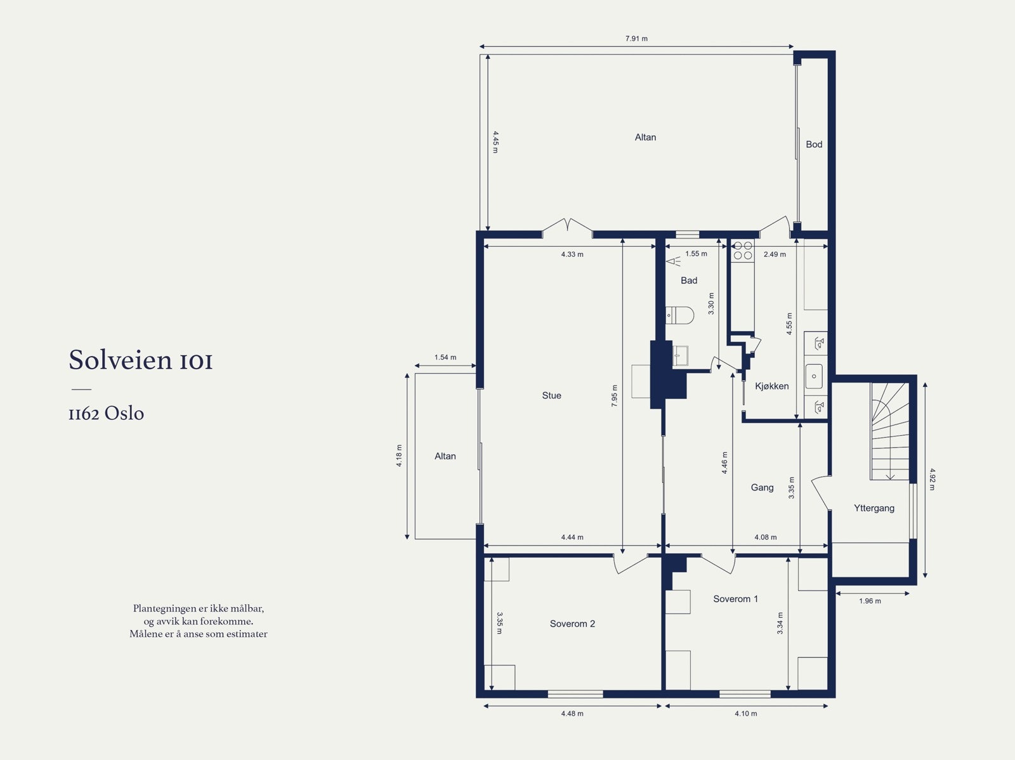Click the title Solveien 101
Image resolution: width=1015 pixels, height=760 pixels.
click(141, 360)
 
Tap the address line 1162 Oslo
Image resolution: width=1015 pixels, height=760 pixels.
click(107, 413)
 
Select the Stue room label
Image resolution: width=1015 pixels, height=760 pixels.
click(552, 395)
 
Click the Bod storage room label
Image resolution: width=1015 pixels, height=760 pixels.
click(814, 144)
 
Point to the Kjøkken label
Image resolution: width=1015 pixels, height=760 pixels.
click(772, 386)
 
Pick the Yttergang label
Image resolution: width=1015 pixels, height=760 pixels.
click(874, 508)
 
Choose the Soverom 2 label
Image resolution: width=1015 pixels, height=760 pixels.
click(572, 624)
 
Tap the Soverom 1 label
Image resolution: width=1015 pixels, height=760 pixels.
click(736, 599)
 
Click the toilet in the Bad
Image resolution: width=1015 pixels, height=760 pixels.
click(680, 315)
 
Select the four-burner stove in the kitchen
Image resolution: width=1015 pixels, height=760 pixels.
click(743, 250)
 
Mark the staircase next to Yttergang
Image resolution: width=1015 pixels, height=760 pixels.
click(890, 431)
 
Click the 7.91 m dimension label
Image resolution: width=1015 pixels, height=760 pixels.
click(636, 39)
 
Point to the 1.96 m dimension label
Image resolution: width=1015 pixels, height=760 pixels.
click(870, 601)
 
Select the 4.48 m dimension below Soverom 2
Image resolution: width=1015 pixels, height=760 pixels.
click(572, 713)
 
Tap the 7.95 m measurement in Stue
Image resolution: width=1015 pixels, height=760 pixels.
click(614, 396)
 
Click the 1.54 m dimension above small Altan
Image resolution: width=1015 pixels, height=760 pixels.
click(445, 357)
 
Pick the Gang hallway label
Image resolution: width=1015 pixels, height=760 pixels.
click(762, 487)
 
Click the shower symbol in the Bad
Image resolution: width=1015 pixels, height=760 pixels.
click(674, 262)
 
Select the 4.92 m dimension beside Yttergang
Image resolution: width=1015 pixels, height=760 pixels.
click(933, 480)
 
